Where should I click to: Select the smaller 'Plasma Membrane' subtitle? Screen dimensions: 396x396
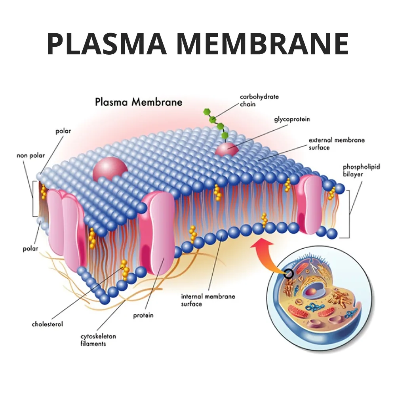pos(139,102)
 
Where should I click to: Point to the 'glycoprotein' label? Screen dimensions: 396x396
pos(292,119)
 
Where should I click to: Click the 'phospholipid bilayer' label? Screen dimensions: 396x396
pos(361,171)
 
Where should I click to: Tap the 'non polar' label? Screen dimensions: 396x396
pos(31,155)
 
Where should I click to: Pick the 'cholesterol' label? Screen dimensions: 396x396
pos(47,324)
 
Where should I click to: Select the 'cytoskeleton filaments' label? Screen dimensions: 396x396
pos(93,340)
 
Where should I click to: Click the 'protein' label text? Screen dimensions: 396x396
pos(143,316)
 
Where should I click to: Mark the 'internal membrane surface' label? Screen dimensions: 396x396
pos(208,300)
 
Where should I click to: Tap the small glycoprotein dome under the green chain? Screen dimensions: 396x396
pos(227,150)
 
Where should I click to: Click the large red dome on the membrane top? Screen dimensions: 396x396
pos(110,169)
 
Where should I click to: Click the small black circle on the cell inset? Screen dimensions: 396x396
pos(288,273)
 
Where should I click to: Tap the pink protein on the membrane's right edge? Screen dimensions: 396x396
pos(309,204)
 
